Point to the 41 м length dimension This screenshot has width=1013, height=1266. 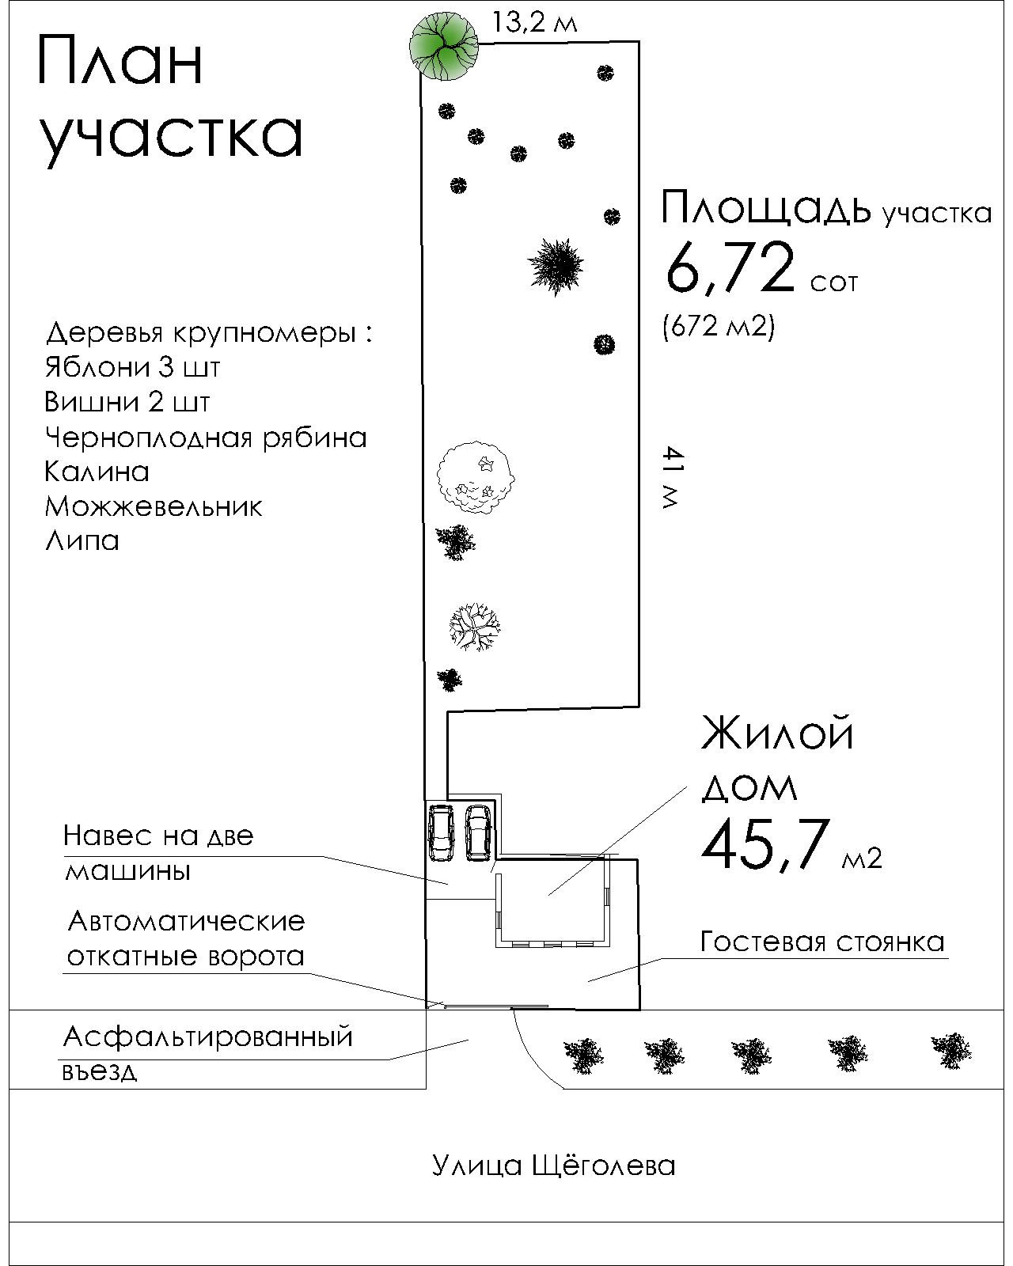[x=671, y=477]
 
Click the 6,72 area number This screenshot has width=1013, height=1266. [x=729, y=268]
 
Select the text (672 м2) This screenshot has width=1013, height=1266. [x=718, y=325]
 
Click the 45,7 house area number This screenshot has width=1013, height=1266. [x=764, y=843]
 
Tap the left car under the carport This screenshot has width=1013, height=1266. [x=441, y=832]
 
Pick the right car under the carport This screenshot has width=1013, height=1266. [x=479, y=832]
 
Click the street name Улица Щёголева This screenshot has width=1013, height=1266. [x=553, y=1166]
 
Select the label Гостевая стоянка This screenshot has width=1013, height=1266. [x=822, y=942]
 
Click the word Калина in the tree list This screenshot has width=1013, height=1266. [x=97, y=472]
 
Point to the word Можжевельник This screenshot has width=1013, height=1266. [x=153, y=506]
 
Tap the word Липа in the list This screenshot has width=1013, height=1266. [x=82, y=540]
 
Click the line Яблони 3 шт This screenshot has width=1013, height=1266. [x=132, y=367]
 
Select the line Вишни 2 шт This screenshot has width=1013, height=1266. [x=127, y=402]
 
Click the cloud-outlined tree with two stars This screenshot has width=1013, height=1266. [x=476, y=478]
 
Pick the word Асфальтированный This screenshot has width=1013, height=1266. [x=207, y=1037]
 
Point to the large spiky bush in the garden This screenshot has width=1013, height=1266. [x=557, y=266]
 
